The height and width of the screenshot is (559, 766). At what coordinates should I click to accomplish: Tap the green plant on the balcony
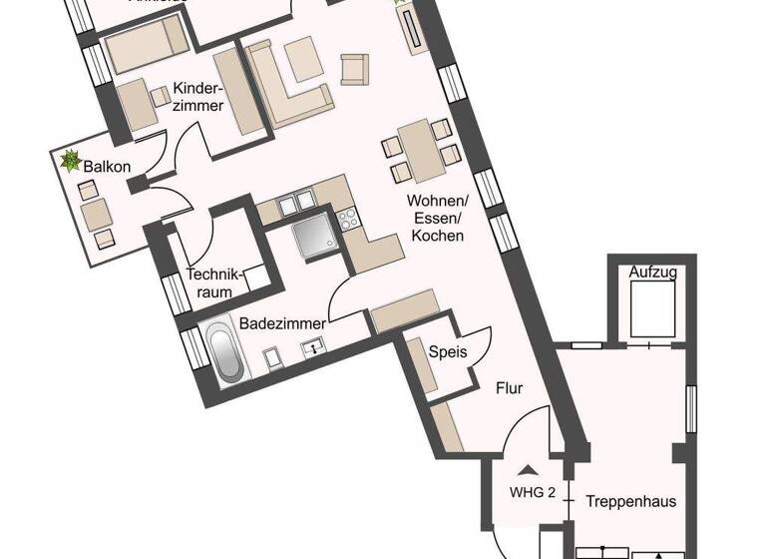[x=72, y=161]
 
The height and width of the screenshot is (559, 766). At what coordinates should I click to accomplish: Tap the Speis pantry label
[x=447, y=351]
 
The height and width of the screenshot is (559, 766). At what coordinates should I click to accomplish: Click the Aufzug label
[x=652, y=272]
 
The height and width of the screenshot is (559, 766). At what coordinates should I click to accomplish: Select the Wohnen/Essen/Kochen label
[x=435, y=219]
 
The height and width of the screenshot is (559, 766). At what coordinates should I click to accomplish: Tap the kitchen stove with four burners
[x=349, y=217]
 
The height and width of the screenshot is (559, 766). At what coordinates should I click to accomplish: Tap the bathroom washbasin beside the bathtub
[x=314, y=349]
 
